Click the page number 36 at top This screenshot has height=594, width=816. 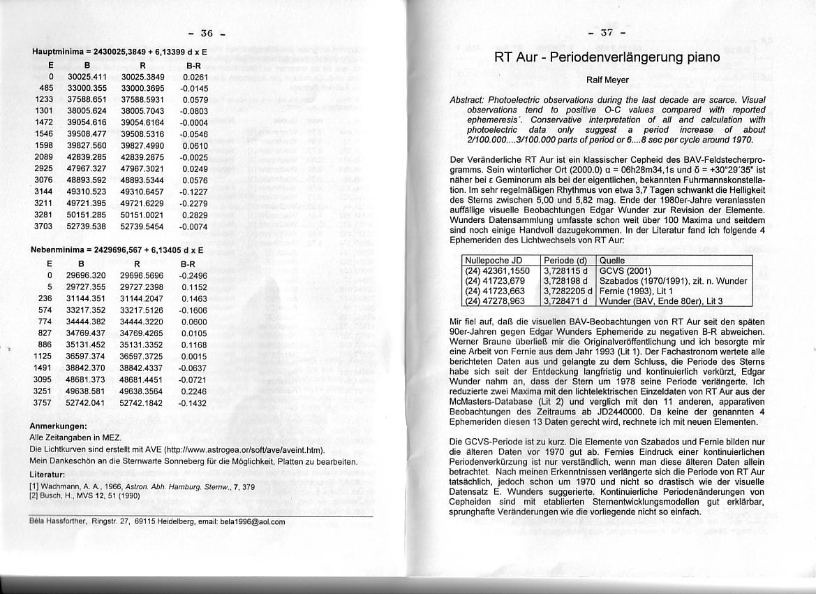click(206, 33)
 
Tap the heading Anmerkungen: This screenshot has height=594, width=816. click(58, 426)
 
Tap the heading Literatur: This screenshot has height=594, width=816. click(47, 474)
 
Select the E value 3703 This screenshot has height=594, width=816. click(44, 226)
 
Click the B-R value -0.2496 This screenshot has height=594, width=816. click(193, 275)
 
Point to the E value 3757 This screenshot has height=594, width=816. click(43, 403)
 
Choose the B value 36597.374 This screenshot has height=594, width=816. click(86, 356)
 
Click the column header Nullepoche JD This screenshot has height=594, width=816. click(494, 261)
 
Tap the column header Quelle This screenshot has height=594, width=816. click(613, 261)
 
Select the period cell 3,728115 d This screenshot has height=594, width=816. click(568, 271)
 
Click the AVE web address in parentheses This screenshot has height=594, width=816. click(252, 449)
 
